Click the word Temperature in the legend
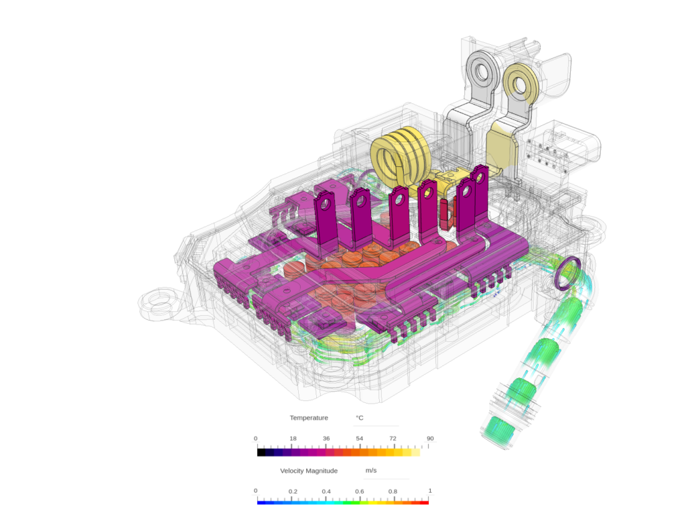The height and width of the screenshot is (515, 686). [x=309, y=418]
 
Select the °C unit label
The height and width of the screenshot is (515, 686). [x=360, y=418]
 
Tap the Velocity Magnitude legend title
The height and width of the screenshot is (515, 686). [x=309, y=471]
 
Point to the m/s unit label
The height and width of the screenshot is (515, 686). [x=370, y=471]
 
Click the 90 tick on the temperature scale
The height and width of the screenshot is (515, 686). [x=430, y=439]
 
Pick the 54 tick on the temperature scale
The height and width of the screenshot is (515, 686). [x=359, y=439]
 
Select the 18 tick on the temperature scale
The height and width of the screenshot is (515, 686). [x=293, y=439]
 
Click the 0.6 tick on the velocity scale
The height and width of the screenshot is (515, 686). [x=359, y=492]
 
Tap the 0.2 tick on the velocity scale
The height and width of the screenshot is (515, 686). [x=293, y=492]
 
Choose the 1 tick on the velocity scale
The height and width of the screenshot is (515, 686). [x=430, y=492]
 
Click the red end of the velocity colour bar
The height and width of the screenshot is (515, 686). [x=425, y=502]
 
